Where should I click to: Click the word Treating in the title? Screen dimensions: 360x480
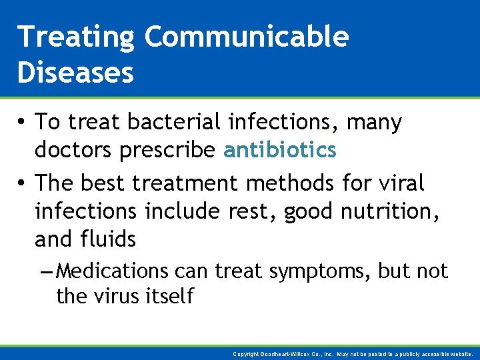click(x=75, y=37)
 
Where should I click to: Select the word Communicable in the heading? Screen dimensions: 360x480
click(x=246, y=37)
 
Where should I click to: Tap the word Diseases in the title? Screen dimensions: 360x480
click(x=75, y=73)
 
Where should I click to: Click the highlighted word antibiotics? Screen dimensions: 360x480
click(x=280, y=151)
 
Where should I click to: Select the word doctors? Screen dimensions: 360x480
click(x=74, y=151)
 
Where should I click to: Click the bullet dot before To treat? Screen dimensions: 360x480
click(x=23, y=123)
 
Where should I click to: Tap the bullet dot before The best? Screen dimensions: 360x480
click(x=23, y=182)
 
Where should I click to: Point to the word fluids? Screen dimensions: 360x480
click(x=108, y=239)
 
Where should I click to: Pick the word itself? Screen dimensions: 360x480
click(x=170, y=295)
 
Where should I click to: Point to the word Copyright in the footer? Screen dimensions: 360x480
click(x=247, y=354)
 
